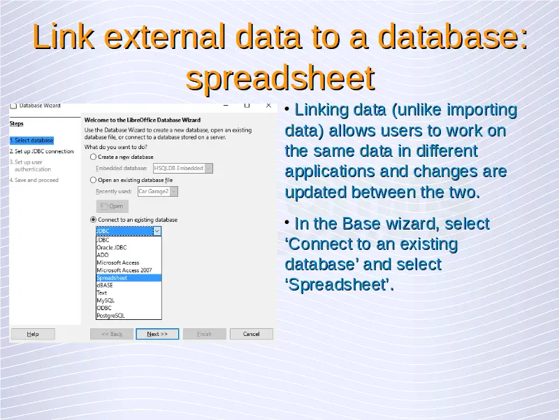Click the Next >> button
tap(157, 334)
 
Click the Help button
tap(33, 334)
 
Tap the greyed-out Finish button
tap(204, 334)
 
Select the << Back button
tap(112, 334)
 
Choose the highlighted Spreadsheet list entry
tap(129, 278)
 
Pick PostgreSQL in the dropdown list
tap(111, 316)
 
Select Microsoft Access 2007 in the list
tap(124, 270)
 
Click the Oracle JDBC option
tap(112, 248)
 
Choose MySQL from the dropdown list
tap(106, 300)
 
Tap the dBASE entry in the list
tap(105, 286)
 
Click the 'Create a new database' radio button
tap(93, 157)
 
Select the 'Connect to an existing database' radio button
tap(93, 220)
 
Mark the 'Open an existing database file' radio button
tap(93, 180)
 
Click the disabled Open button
tap(112, 206)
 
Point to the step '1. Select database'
tap(31, 141)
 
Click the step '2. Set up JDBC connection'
tap(42, 151)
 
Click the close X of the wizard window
tap(268, 106)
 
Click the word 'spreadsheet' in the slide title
tap(280, 78)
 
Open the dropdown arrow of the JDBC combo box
tap(157, 231)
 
